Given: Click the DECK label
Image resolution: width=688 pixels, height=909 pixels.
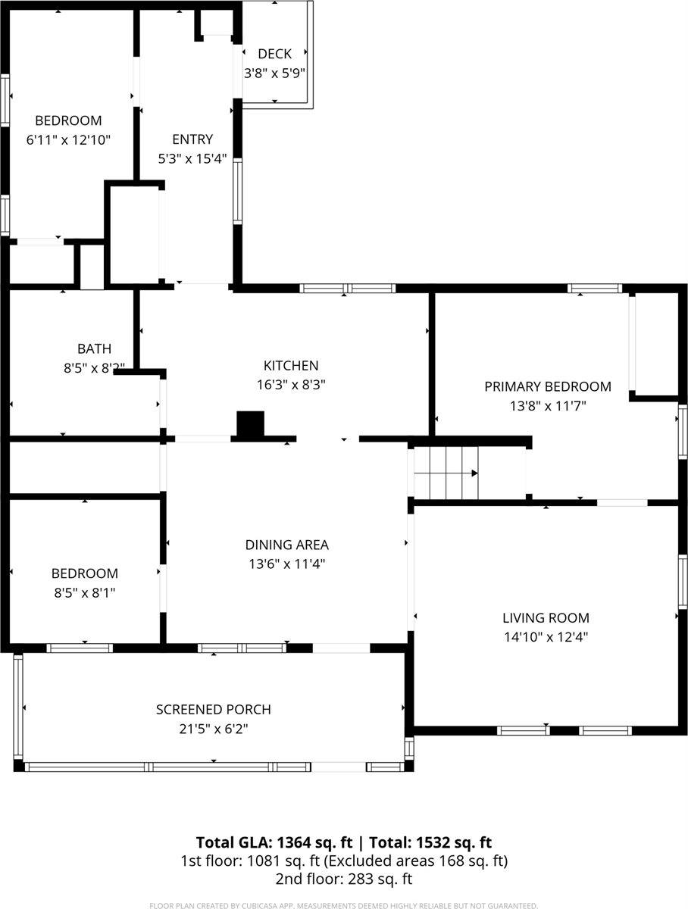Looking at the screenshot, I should coord(274,54).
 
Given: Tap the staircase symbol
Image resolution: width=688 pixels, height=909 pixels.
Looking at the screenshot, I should coord(446,473).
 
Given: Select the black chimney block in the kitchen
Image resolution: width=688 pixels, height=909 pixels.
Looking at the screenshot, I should coord(250,425).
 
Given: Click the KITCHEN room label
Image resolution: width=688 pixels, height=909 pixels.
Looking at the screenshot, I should coord(291,366).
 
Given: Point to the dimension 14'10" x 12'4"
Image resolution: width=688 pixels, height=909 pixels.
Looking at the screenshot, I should coord(546,637).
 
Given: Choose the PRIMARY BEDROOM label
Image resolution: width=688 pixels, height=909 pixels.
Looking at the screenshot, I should coord(547,387).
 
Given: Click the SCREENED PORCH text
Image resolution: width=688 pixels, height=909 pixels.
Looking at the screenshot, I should coord(214,710).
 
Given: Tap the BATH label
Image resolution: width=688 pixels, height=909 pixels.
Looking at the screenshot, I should coord(94,349).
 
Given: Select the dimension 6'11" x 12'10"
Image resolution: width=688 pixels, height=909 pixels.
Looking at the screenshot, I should coord(68,139).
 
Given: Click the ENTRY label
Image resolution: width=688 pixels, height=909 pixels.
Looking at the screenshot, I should coord(192,139).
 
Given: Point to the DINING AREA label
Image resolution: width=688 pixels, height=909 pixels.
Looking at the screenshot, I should coord(286,545).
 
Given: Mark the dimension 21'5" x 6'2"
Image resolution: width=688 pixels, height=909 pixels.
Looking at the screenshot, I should coord(214,729).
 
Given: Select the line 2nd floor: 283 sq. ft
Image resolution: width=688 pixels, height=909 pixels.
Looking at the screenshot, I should coord(344,879).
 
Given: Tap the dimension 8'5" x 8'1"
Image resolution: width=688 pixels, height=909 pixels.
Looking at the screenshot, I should coord(84,592).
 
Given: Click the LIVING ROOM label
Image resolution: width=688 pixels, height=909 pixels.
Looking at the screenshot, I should coord(546,618).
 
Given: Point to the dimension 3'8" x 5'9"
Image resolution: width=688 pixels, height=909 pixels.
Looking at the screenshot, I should coord(274,73).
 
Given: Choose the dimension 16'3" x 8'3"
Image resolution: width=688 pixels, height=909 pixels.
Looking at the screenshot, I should coord(291,385).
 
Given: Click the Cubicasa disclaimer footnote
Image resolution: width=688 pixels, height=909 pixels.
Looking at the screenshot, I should coord(344,905).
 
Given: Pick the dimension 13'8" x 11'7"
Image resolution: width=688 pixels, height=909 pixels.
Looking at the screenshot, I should coord(547,406).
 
